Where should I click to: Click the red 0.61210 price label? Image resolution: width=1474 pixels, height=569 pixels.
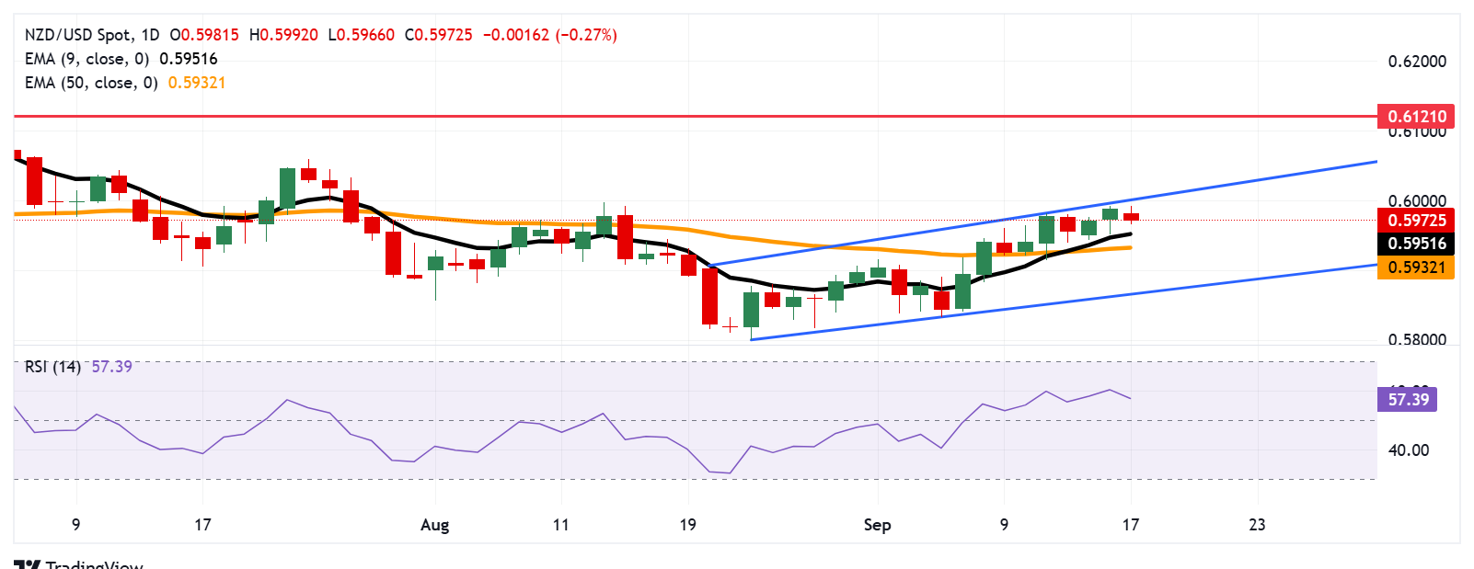[x=1416, y=117]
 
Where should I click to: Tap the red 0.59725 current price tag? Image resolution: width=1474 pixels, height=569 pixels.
[x=1416, y=221]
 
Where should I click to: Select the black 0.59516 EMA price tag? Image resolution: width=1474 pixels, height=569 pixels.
[x=1416, y=244]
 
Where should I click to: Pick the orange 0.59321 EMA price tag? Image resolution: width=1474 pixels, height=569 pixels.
[x=1416, y=267]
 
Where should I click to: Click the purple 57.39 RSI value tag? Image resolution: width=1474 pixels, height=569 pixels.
[x=1408, y=400]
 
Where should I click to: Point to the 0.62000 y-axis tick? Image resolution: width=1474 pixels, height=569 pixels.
[x=1416, y=62]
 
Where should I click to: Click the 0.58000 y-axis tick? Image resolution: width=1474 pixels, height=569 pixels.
[x=1416, y=340]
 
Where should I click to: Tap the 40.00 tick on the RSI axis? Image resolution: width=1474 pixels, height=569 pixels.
[x=1408, y=450]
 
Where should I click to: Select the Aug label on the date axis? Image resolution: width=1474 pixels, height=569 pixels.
[x=434, y=525]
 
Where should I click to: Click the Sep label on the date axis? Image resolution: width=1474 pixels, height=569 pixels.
[x=877, y=525]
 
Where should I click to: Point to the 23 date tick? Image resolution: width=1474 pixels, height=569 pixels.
[x=1257, y=525]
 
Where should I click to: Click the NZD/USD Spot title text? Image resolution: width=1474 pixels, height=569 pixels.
[x=77, y=35]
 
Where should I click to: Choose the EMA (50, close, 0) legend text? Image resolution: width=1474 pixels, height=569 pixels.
[x=91, y=83]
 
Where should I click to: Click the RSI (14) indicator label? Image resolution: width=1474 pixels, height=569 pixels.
[x=52, y=367]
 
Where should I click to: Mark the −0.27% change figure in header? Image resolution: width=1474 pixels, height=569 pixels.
[x=585, y=35]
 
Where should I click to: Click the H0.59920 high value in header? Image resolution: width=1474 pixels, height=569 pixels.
[x=283, y=35]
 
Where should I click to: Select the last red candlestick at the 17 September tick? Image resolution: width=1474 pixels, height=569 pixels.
[x=1131, y=217]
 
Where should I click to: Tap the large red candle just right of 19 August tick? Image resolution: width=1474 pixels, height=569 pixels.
[x=709, y=295]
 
